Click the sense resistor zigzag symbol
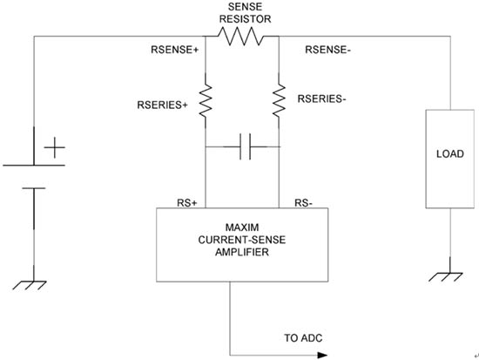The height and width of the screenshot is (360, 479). [241, 37]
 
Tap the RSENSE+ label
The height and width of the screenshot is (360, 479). [175, 50]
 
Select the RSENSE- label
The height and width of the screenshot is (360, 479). [327, 50]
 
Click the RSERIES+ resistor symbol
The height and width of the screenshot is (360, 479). [206, 100]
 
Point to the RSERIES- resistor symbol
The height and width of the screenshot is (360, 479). [279, 100]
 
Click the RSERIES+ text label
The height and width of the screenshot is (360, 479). [162, 105]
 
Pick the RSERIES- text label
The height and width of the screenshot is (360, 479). [321, 99]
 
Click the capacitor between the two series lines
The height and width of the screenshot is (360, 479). [246, 146]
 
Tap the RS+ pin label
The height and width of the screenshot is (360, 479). [187, 203]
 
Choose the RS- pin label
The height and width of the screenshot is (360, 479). [303, 203]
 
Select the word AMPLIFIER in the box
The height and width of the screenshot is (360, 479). [242, 252]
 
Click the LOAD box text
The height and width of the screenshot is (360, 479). [450, 153]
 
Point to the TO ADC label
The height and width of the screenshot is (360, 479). [303, 338]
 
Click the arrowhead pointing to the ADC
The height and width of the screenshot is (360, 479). [322, 356]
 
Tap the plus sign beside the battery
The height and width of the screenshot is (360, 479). [54, 147]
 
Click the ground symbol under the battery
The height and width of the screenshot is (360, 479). [30, 285]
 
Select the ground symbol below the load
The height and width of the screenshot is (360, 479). [446, 277]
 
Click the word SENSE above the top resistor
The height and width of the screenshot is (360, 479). [245, 7]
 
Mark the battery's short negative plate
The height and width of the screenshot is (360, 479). [34, 188]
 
